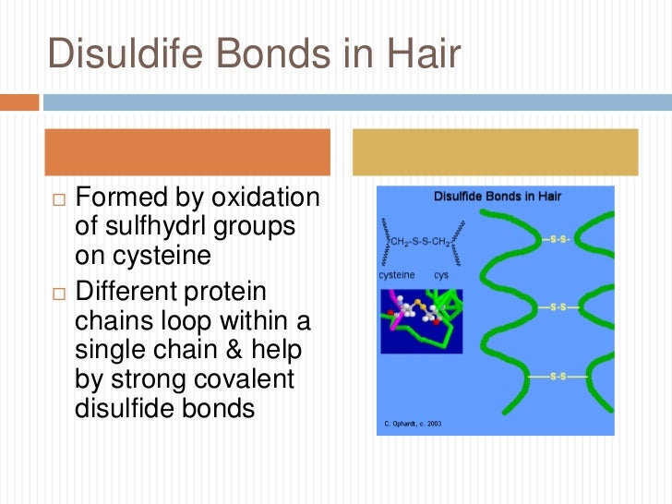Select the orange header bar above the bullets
[188, 152]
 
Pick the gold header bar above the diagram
[496, 152]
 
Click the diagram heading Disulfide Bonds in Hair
[498, 196]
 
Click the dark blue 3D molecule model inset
[421, 320]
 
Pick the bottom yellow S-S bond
[558, 376]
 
